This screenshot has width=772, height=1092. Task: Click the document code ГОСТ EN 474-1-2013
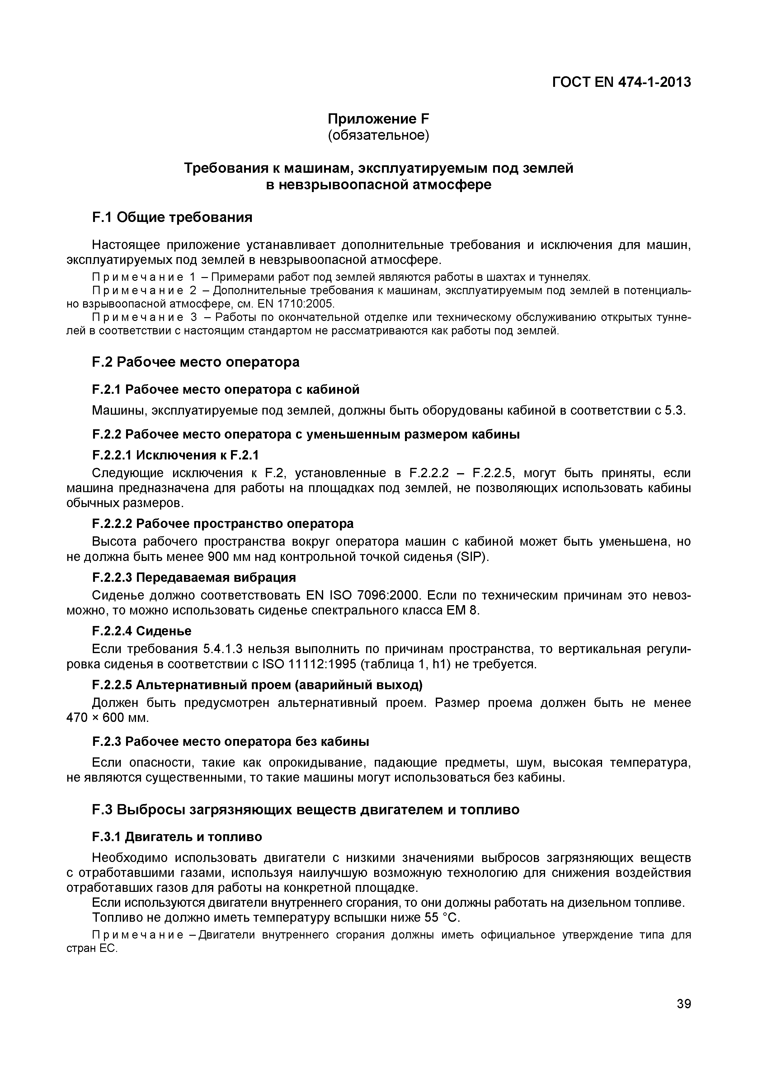click(x=621, y=82)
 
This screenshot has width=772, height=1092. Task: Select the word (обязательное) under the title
click(x=379, y=135)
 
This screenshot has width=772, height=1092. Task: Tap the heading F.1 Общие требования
click(x=172, y=217)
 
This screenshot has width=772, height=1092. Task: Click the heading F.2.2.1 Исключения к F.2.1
click(x=175, y=455)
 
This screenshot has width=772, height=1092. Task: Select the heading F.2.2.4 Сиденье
click(x=142, y=631)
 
